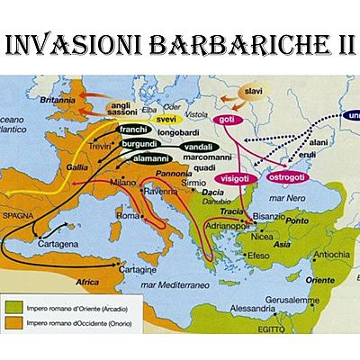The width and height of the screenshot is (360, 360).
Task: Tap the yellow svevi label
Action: point(166,119)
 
